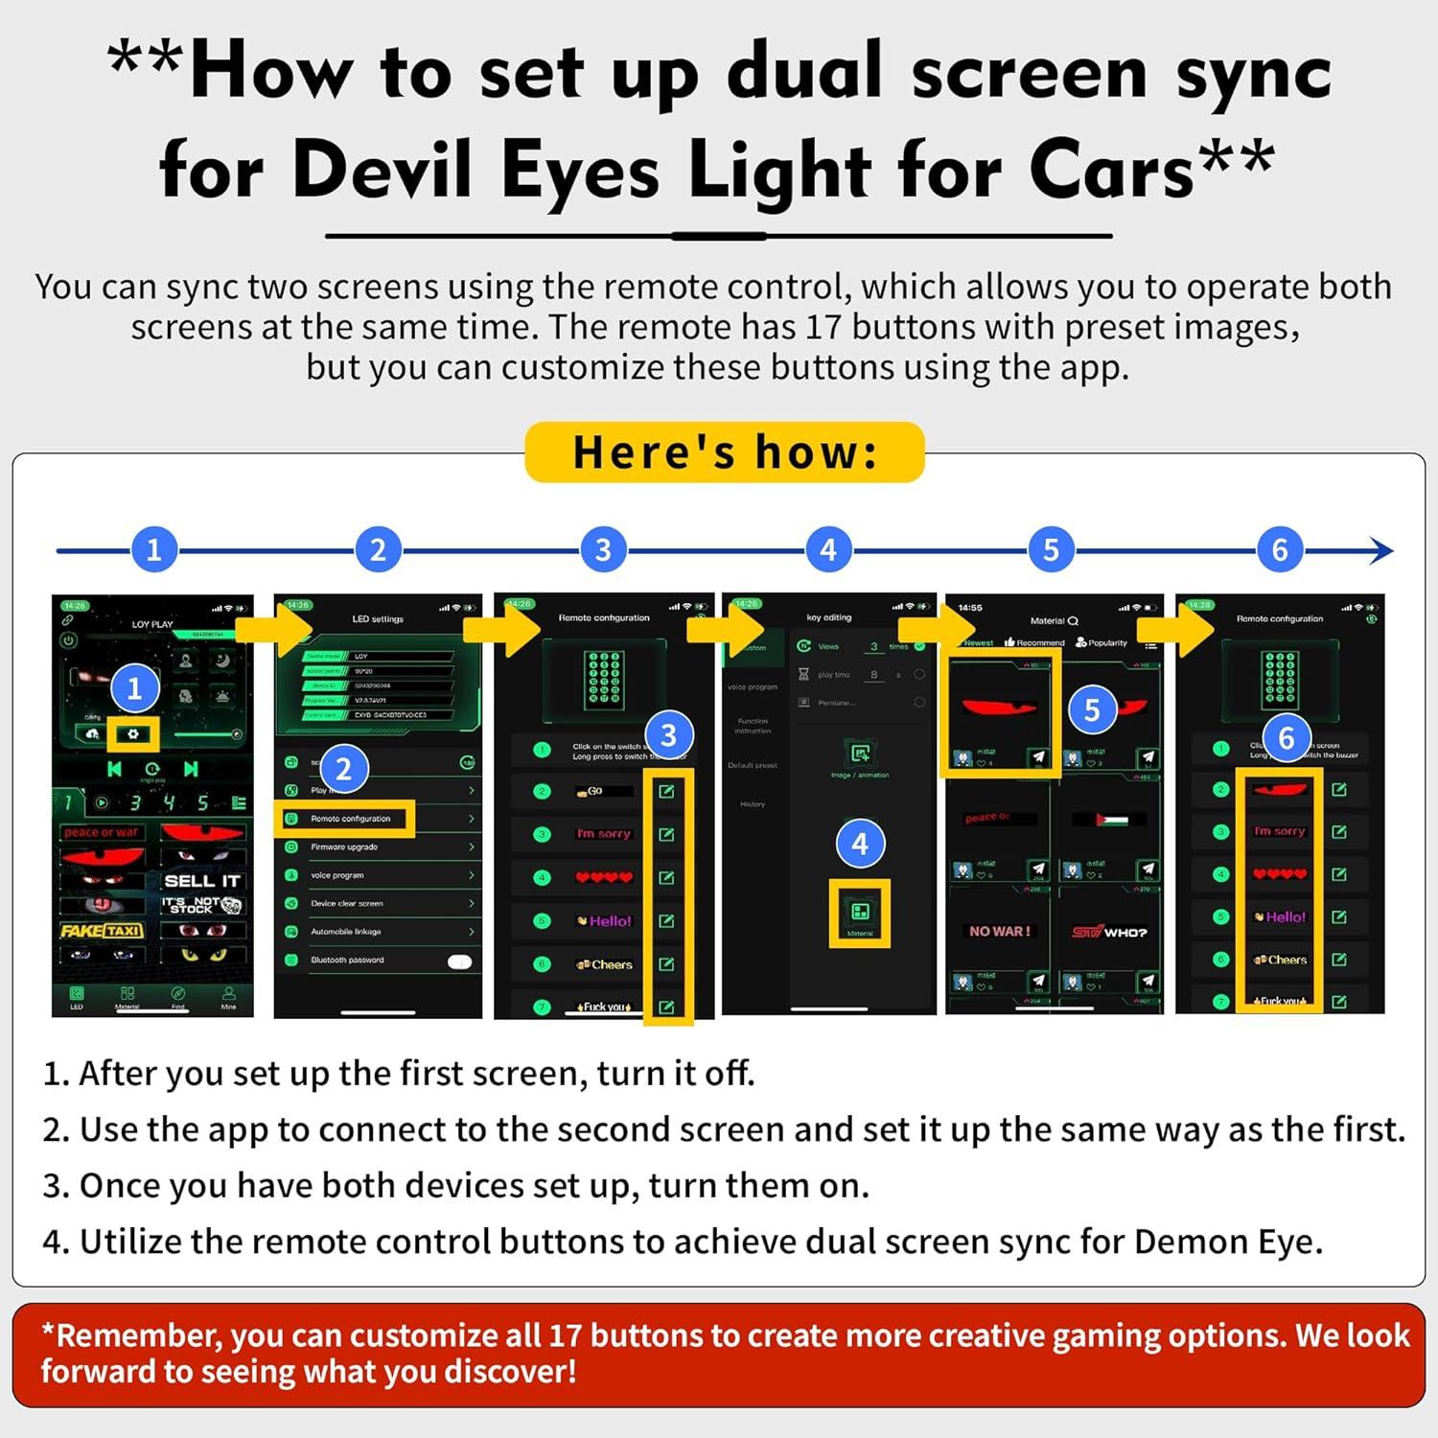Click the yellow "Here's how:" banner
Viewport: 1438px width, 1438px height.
[x=724, y=452]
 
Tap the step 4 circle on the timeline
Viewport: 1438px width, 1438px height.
[x=828, y=550]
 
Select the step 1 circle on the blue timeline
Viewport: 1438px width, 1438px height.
[x=153, y=550]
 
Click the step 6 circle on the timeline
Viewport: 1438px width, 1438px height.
[x=1279, y=550]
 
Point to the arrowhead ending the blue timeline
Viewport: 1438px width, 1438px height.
[x=1381, y=550]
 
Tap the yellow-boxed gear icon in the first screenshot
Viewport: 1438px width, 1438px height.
[x=132, y=733]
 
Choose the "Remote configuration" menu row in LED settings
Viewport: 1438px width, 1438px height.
[x=351, y=819]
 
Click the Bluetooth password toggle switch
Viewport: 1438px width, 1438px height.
[x=460, y=961]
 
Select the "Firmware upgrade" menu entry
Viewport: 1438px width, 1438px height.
[x=344, y=847]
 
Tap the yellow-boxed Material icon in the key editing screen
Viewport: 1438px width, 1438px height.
[x=859, y=913]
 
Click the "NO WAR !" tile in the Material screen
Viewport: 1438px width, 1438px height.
[x=999, y=931]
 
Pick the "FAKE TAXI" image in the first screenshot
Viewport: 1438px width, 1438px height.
[x=102, y=930]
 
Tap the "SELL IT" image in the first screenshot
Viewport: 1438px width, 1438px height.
[x=202, y=881]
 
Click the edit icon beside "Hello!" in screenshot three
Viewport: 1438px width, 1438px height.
[x=666, y=921]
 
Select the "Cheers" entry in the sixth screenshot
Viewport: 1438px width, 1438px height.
[x=1280, y=960]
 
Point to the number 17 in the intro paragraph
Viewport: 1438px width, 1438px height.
[x=823, y=328]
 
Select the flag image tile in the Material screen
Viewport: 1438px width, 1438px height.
[x=1107, y=820]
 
